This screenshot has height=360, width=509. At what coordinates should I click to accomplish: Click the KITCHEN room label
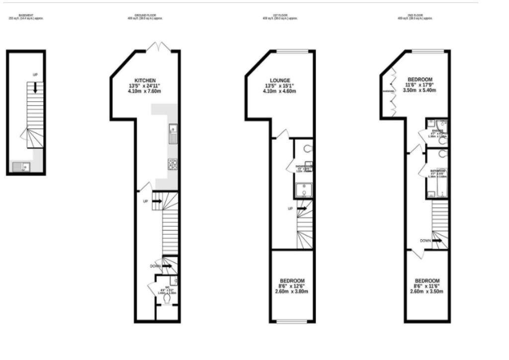tap(145, 81)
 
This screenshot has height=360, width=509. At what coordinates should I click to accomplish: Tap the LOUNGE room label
tap(280, 81)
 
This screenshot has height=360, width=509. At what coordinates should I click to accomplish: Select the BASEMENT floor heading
tap(26, 15)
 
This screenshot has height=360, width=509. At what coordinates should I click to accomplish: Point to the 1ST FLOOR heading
tap(280, 15)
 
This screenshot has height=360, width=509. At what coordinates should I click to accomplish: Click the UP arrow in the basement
tap(35, 88)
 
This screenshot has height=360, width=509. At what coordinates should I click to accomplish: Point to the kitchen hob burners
tap(173, 165)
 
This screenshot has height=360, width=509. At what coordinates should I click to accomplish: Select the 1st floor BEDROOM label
tap(292, 280)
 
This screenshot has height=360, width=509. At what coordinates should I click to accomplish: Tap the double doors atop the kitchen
tap(159, 48)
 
